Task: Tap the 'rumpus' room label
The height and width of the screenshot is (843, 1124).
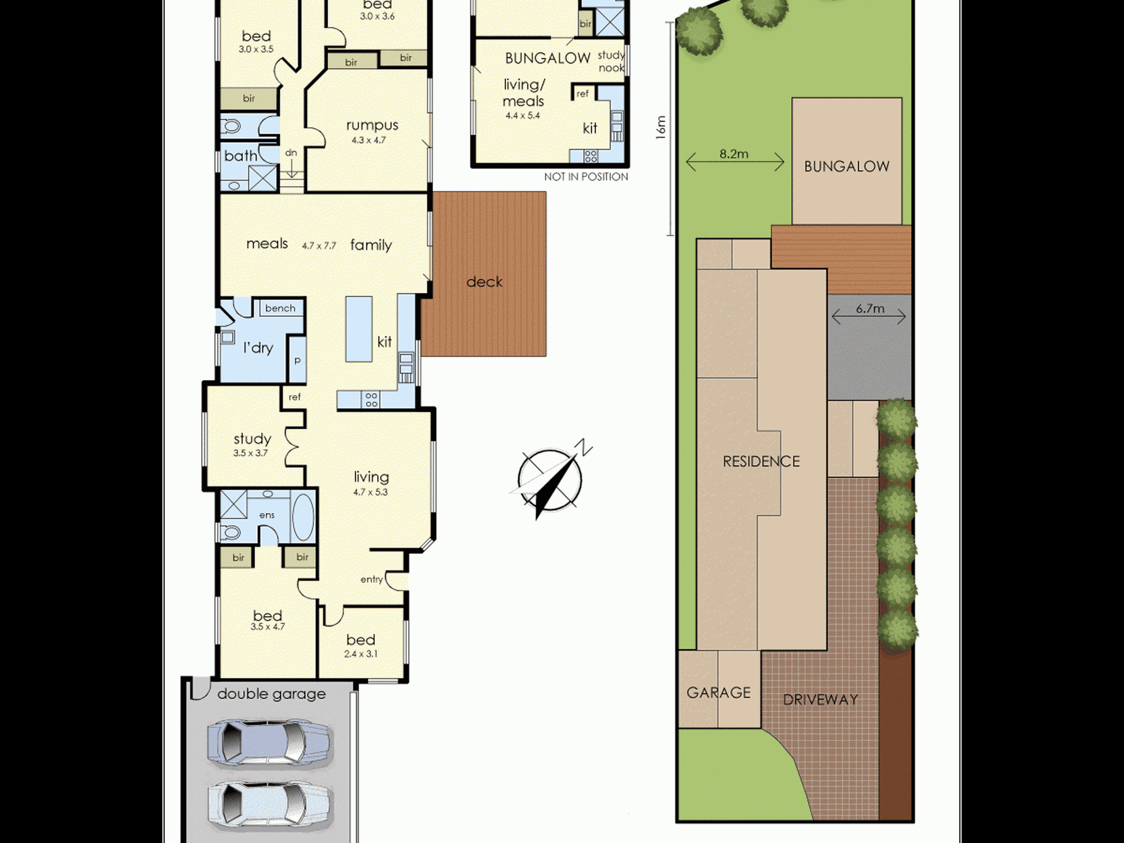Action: tap(372, 125)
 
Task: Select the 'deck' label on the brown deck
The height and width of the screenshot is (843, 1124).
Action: tap(484, 282)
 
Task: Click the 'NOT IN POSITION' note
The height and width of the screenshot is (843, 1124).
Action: tap(586, 176)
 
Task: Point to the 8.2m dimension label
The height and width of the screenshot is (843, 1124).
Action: tap(734, 154)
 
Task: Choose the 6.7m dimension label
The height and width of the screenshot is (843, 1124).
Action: tap(870, 309)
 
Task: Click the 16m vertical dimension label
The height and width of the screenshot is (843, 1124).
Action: tap(661, 128)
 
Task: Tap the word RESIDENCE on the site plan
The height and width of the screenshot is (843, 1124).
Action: tap(761, 461)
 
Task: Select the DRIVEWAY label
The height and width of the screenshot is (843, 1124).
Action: tap(821, 700)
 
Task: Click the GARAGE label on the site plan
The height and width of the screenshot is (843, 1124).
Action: tap(719, 692)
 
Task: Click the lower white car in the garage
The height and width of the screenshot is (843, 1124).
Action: tap(270, 806)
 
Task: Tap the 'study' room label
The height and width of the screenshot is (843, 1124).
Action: tap(252, 439)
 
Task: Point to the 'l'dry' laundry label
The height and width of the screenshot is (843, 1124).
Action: tap(258, 348)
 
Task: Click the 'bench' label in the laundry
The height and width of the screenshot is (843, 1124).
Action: tap(280, 308)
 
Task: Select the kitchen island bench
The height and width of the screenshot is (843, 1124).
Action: tap(359, 329)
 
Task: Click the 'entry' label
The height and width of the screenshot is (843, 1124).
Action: tap(371, 579)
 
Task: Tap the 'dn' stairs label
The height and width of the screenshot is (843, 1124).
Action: tap(291, 152)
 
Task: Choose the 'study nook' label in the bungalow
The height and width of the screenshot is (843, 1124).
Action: tap(611, 61)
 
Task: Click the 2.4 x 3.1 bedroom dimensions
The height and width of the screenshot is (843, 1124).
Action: tap(361, 654)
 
